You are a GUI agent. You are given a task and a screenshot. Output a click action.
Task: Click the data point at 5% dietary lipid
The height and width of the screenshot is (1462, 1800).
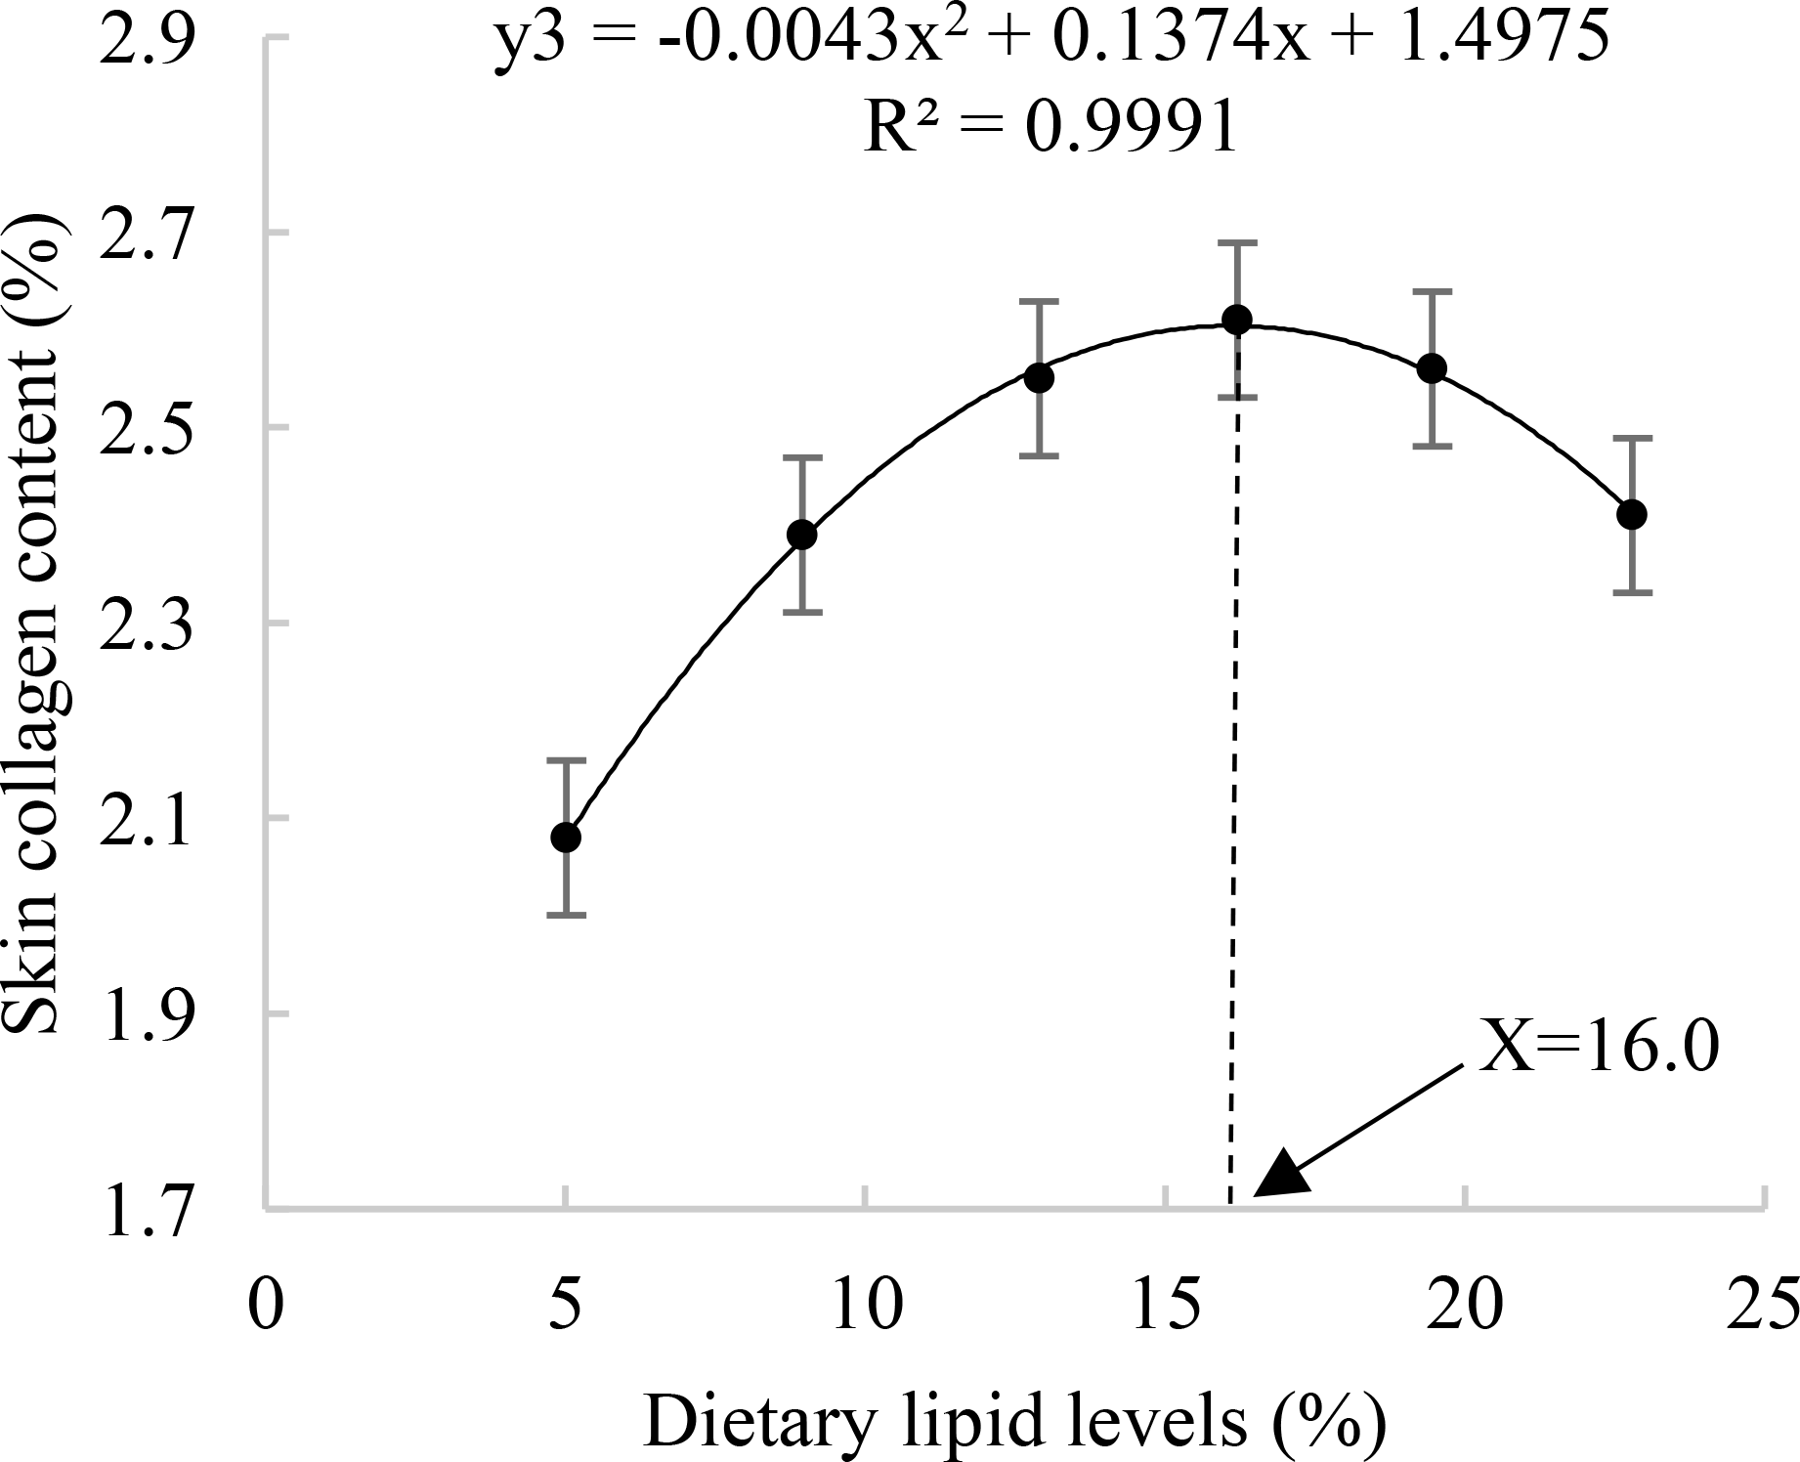click(566, 838)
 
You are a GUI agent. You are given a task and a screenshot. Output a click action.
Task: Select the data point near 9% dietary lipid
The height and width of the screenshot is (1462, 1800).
click(802, 535)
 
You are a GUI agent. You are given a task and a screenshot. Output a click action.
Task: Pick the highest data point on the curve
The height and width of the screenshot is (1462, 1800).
click(1237, 320)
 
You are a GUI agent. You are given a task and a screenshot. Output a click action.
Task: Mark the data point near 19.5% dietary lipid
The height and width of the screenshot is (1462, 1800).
click(1433, 368)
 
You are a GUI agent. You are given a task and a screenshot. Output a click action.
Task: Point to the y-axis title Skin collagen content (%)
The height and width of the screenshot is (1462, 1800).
click(41, 625)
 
